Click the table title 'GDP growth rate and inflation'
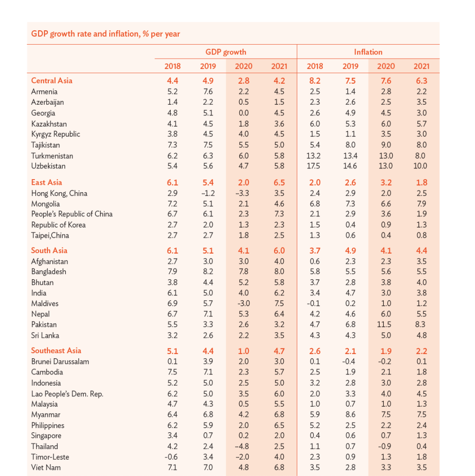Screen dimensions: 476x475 [x=106, y=34]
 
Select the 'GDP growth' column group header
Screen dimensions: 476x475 [x=226, y=52]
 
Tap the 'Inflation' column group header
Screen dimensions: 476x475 [x=368, y=52]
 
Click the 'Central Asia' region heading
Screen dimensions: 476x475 [x=52, y=80]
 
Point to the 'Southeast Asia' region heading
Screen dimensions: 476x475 [x=56, y=351]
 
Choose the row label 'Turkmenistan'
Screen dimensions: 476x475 [x=52, y=156]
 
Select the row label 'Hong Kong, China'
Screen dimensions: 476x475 [x=59, y=193]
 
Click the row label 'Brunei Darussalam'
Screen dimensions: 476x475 [x=60, y=362]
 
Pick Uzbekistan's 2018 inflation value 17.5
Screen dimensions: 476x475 [x=315, y=166]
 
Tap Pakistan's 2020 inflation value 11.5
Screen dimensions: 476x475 [x=386, y=325]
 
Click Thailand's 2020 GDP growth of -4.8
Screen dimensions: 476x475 [x=243, y=446]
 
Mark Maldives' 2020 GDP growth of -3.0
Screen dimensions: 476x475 [x=243, y=303]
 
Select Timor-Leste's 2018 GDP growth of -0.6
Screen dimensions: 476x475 [x=172, y=457]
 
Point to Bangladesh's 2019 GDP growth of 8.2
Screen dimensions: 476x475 [x=208, y=272]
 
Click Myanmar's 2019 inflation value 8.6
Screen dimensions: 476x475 [x=350, y=415]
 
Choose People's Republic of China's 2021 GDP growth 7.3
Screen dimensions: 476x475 [x=279, y=214]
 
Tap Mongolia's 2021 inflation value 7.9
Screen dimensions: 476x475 [x=421, y=204]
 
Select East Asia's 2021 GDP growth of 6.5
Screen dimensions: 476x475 [x=279, y=182]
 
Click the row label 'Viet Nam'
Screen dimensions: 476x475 [x=46, y=468]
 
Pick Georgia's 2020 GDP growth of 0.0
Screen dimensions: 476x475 [x=243, y=113]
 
